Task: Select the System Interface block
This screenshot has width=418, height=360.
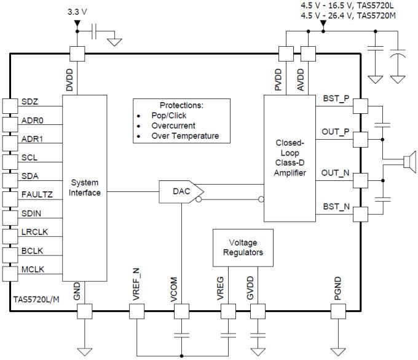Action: pyautogui.click(x=84, y=188)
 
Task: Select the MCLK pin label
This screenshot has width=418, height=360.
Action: pyautogui.click(x=33, y=270)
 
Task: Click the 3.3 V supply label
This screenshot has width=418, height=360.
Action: pyautogui.click(x=77, y=12)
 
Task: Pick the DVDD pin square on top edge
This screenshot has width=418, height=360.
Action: pyautogui.click(x=77, y=54)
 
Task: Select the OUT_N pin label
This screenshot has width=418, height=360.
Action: pyautogui.click(x=336, y=174)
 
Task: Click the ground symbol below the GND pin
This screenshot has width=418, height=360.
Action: pyautogui.click(x=84, y=351)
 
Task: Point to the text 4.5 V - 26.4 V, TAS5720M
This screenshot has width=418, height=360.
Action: pyautogui.click(x=347, y=15)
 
